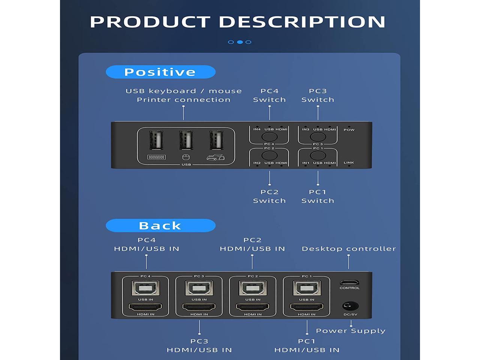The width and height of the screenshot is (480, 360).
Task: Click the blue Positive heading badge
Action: coord(160,72)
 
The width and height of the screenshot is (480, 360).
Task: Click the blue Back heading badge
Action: coord(160,225)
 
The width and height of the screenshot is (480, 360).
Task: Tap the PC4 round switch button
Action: coord(269,136)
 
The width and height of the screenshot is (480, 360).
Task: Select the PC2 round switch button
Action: coord(269,156)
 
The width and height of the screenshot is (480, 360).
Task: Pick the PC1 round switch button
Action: coord(318,156)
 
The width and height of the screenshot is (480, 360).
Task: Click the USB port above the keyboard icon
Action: coord(156,142)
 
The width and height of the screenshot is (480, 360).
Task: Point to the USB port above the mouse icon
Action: coord(186,142)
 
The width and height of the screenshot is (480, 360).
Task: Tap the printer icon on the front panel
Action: coord(216,157)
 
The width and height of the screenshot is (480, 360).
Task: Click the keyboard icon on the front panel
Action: coord(157,157)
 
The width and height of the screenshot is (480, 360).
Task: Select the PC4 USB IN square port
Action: coord(145,288)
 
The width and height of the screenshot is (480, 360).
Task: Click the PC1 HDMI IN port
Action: coord(306,307)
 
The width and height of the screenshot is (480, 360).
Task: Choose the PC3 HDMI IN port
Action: coord(199,307)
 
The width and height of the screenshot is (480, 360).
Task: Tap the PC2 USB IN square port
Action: coord(253,288)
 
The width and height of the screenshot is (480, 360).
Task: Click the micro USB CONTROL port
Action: coord(349,282)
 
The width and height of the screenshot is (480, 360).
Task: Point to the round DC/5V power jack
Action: coord(351,306)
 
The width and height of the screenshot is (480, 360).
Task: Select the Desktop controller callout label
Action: coord(349,249)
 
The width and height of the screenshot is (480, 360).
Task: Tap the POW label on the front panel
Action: coord(349,130)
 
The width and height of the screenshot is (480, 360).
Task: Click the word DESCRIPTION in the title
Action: coord(302,22)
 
